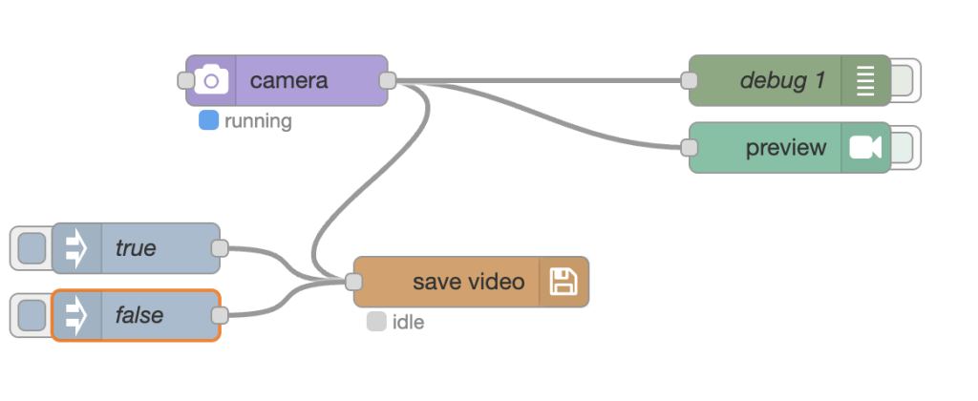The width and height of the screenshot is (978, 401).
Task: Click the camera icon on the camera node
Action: point(211,80)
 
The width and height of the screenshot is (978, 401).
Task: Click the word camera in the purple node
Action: point(288,80)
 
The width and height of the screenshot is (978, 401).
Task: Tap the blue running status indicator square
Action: point(208,121)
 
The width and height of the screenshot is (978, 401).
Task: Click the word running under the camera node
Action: point(258,122)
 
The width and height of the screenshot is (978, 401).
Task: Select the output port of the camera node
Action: point(388,80)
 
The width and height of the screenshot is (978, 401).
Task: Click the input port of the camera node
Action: point(187,80)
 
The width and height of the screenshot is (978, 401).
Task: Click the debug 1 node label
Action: point(782,80)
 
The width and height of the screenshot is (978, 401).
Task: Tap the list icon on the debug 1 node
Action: point(865,80)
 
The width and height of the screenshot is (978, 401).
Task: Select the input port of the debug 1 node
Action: point(690,80)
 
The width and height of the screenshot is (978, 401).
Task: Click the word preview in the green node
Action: point(786,148)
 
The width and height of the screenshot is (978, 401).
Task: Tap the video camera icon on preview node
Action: point(865,148)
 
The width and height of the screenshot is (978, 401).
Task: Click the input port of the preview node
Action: point(690,148)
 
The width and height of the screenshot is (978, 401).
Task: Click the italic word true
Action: point(136,248)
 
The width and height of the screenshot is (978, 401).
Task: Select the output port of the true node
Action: point(220,248)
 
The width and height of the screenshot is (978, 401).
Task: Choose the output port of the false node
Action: point(220,315)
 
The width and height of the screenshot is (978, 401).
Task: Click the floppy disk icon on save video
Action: point(563,282)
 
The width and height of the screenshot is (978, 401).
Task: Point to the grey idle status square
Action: point(376,322)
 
